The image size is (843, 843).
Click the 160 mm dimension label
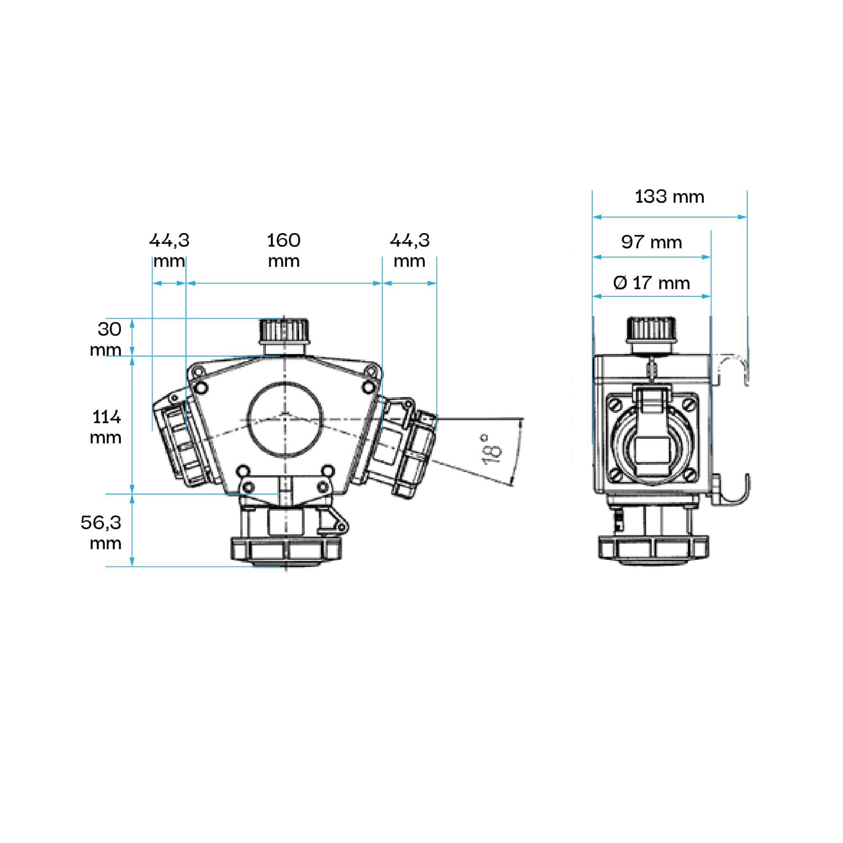pos(284,250)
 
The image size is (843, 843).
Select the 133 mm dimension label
pos(669,197)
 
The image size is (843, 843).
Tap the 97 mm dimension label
pos(652,242)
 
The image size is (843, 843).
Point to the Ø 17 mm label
pos(652,283)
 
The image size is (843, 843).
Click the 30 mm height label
pos(106,339)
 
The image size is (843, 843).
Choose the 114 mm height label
pos(106,427)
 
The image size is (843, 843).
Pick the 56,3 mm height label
pos(101,532)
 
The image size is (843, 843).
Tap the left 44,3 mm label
pos(169,250)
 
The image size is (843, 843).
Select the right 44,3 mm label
pos(410,250)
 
